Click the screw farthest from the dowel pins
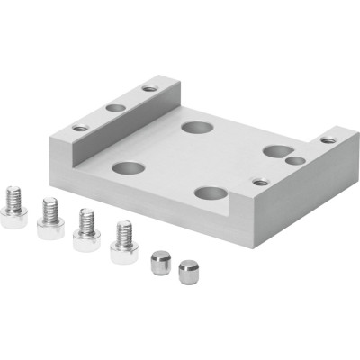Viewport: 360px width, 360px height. pyautogui.click(x=13, y=206)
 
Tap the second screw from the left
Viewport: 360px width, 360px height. pyautogui.click(x=50, y=220)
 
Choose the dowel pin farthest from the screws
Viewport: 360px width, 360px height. pyautogui.click(x=187, y=271)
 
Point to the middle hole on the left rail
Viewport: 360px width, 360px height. pyautogui.click(x=115, y=108)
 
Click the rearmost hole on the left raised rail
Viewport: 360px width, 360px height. pyautogui.click(x=149, y=88)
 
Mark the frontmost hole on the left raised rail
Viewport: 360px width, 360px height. pyautogui.click(x=81, y=128)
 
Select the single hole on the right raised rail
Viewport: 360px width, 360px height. pyautogui.click(x=328, y=139)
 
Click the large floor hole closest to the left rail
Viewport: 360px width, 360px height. pyautogui.click(x=129, y=168)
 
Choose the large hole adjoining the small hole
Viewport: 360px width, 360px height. pyautogui.click(x=276, y=150)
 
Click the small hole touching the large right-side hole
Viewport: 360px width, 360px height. pyautogui.click(x=294, y=161)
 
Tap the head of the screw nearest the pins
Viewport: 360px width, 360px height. pyautogui.click(x=124, y=251)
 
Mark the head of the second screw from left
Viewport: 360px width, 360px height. pyautogui.click(x=50, y=229)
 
